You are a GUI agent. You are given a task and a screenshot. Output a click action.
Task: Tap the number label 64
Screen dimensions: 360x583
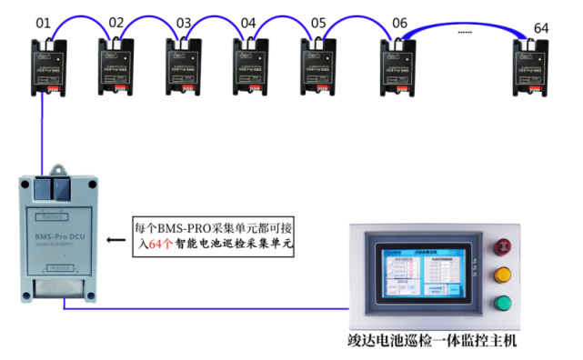(541, 28)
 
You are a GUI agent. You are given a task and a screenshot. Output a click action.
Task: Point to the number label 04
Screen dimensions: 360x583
(248, 22)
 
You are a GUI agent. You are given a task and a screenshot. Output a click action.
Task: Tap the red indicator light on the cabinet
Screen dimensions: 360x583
(501, 247)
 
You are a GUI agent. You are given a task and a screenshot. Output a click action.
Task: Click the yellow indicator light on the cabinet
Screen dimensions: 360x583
(501, 275)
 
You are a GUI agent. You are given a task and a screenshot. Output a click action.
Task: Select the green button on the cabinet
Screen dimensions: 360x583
(501, 305)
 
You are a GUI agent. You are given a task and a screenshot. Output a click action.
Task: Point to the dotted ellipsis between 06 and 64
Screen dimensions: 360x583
(465, 33)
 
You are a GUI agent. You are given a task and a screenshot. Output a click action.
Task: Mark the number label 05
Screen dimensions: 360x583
(317, 22)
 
